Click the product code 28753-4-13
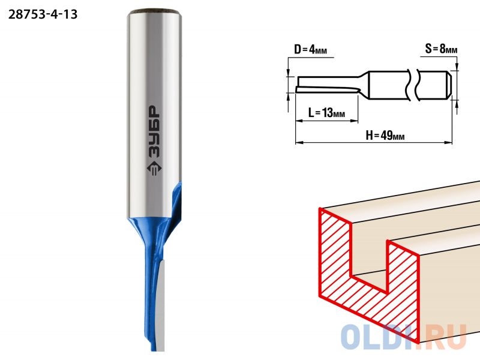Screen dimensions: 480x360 point(43,14)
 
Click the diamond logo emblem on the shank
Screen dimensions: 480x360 point(154,169)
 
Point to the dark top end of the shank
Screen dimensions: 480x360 point(154,12)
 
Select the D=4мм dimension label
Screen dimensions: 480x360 point(310,49)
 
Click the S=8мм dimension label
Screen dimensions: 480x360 point(441,49)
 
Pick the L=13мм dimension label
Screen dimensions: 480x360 point(326,113)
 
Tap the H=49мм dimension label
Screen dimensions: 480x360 point(385,135)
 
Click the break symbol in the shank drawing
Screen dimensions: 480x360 point(413,85)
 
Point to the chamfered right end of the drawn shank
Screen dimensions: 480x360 point(449,85)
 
